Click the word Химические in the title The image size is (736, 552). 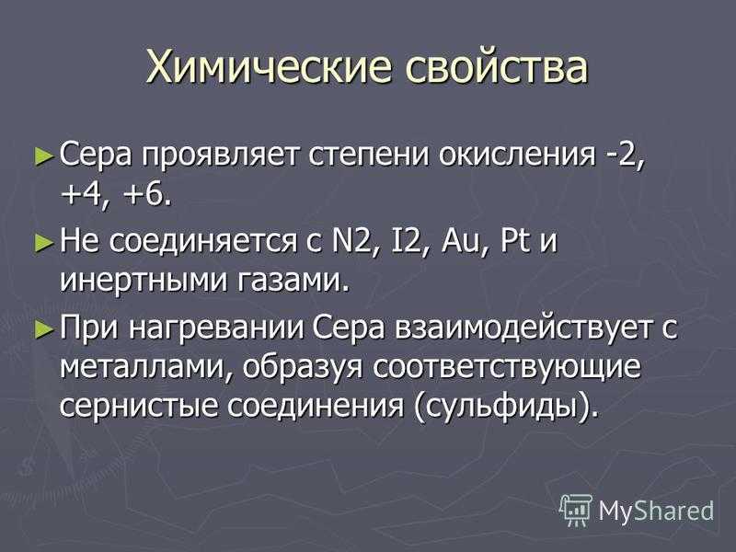click(x=268, y=66)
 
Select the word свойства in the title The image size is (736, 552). click(x=496, y=66)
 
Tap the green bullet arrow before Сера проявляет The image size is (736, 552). click(x=44, y=155)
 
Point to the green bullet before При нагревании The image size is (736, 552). click(x=44, y=328)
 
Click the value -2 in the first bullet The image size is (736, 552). click(x=623, y=155)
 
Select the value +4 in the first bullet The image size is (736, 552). click(x=86, y=195)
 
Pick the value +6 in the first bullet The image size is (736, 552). click(x=145, y=195)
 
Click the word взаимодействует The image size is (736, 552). click(x=524, y=328)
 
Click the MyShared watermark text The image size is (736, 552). click(x=656, y=511)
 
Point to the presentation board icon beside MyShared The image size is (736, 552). click(x=576, y=510)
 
